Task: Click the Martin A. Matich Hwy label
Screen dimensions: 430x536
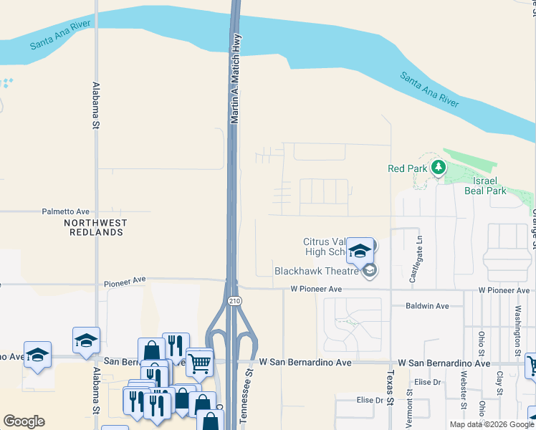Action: pos(234,80)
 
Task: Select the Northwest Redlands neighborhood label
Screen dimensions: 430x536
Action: pos(95,227)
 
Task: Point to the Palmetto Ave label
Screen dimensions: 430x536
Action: pos(65,212)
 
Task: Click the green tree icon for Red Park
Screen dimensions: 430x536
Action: pos(438,168)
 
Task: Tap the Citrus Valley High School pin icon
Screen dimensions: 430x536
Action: pos(360,250)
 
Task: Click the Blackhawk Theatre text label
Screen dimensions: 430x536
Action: pos(316,271)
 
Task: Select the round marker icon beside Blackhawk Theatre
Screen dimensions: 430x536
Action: pos(370,270)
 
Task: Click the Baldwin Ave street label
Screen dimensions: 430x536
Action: pos(427,306)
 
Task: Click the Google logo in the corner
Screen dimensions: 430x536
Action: pos(24,421)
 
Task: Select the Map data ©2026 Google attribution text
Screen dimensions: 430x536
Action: pos(492,424)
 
